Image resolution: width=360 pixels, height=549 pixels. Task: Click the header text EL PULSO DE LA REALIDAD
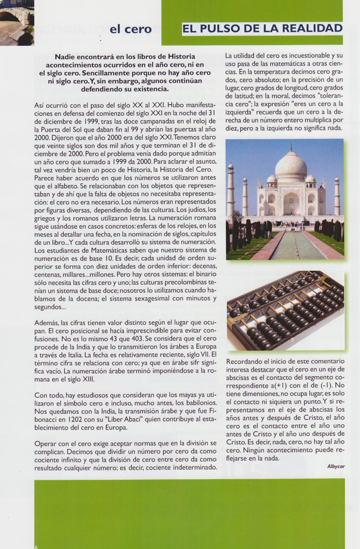tap(262, 28)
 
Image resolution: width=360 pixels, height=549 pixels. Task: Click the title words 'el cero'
tap(130, 29)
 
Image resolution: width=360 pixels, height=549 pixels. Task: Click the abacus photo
tap(285, 311)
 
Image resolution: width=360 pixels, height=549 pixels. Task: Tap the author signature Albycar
tap(336, 466)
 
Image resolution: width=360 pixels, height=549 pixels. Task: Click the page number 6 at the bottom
tap(36, 546)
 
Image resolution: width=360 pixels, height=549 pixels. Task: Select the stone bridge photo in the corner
tap(17, 22)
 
